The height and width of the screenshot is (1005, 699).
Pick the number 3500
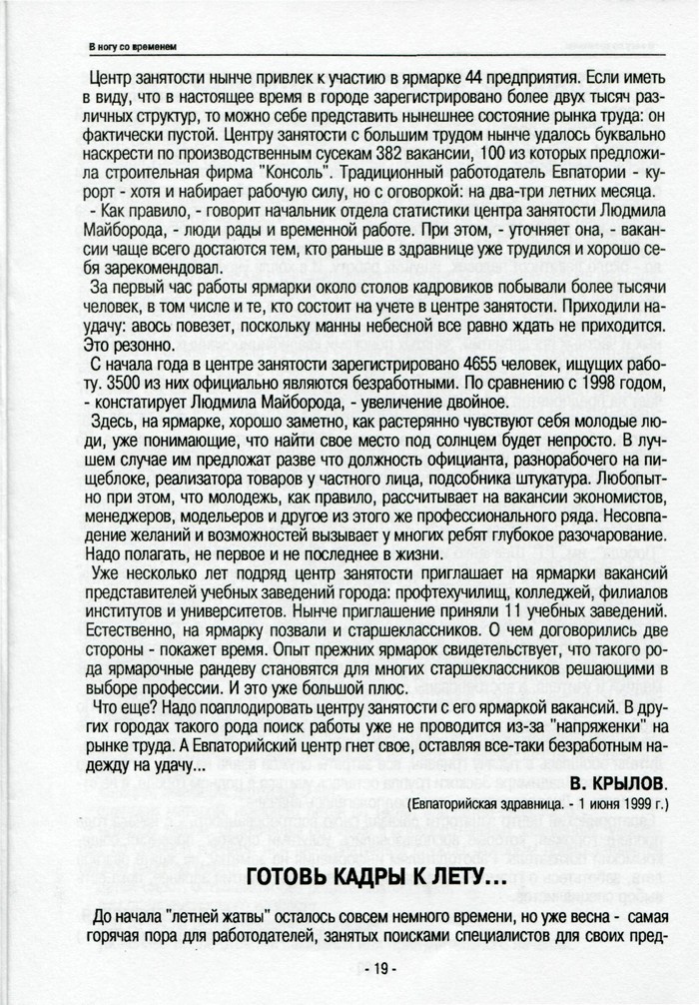click(x=108, y=384)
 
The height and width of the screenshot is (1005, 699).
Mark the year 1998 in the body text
click(x=581, y=384)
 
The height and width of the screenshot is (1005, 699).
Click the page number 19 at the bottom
click(x=377, y=969)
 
